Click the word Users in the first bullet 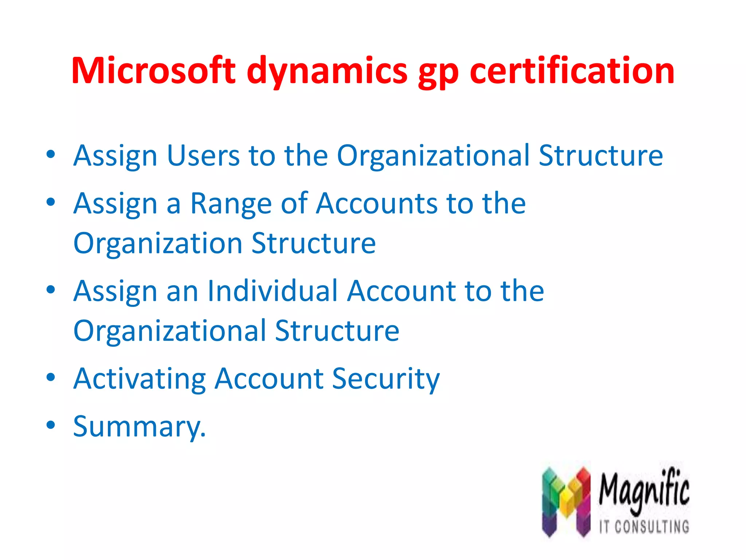pos(203,156)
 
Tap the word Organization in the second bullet pos(158,244)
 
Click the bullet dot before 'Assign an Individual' pos(51,289)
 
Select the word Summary pos(139,427)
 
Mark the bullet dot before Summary pos(51,425)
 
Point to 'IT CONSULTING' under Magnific pos(644,527)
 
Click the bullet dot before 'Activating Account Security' pos(51,377)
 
